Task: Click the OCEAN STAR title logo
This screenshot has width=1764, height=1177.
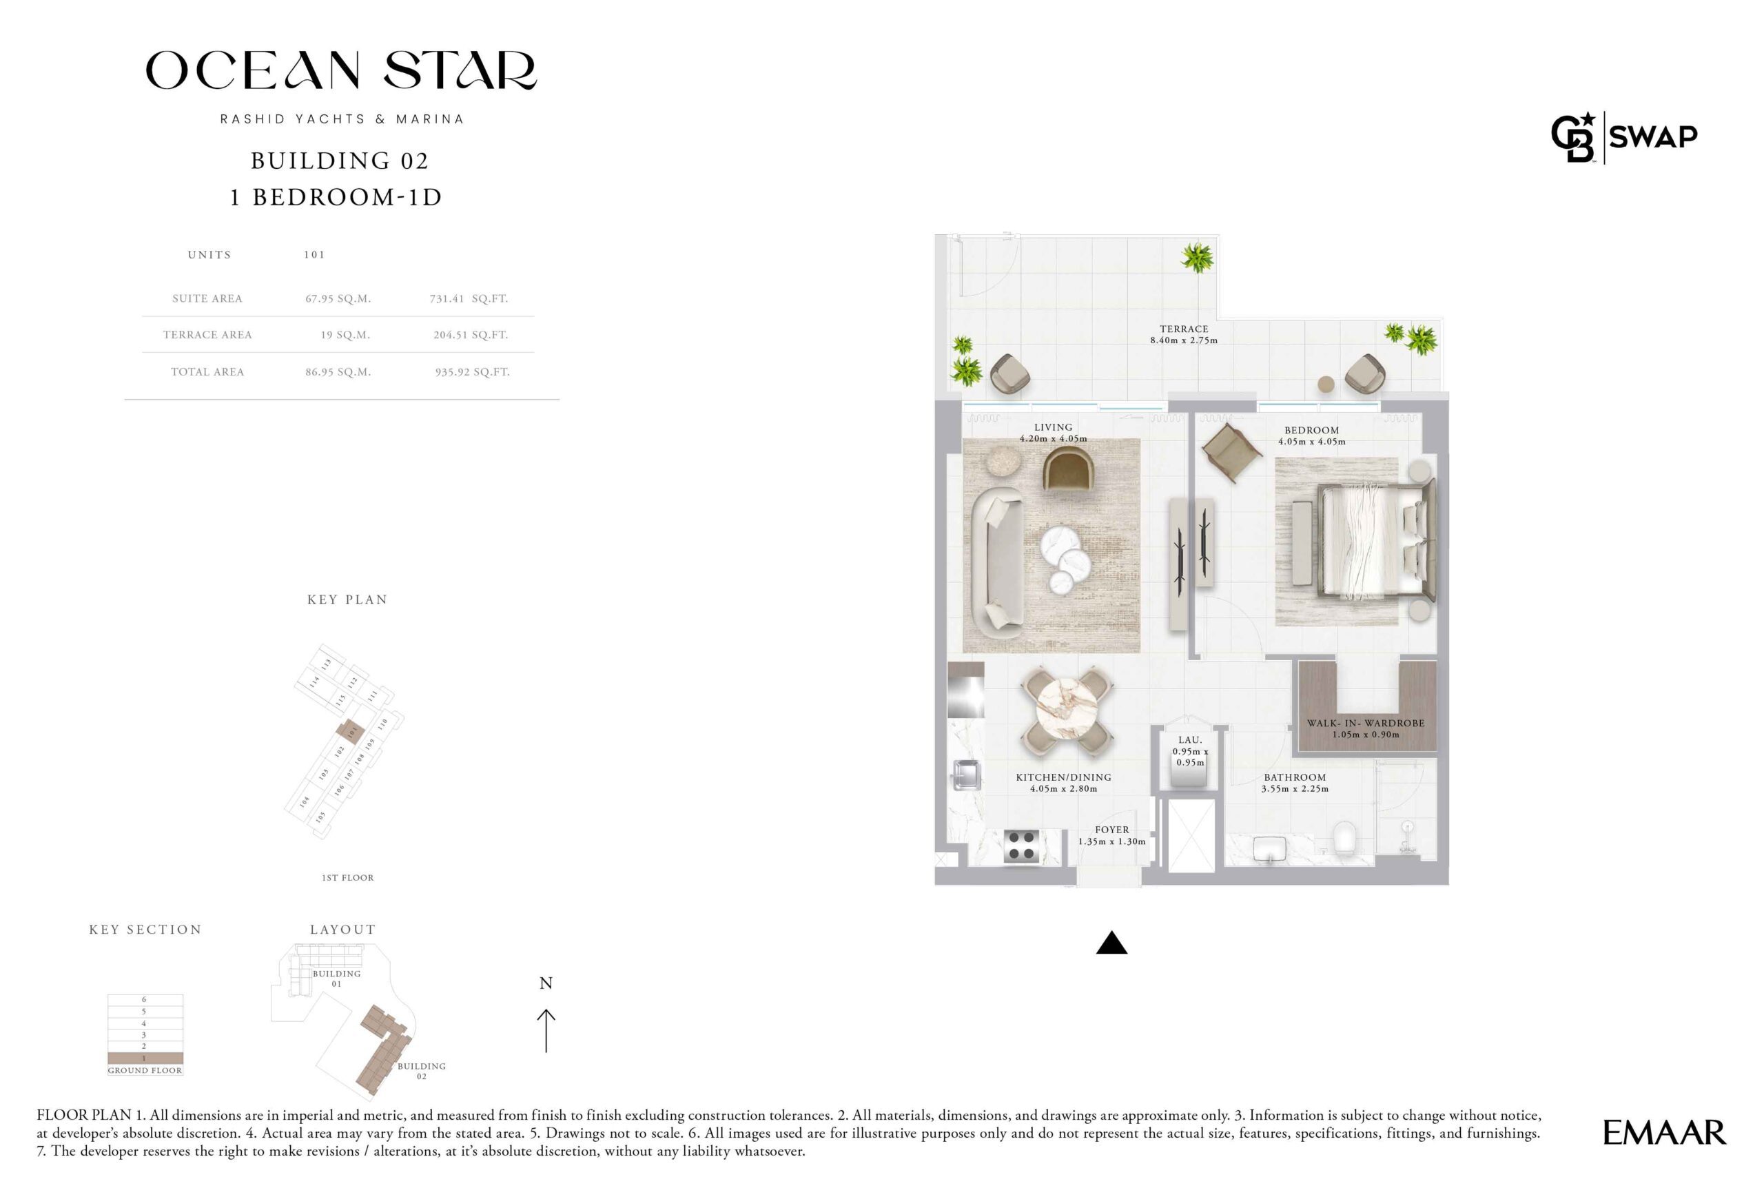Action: (341, 70)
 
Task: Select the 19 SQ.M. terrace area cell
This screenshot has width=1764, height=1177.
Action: (345, 335)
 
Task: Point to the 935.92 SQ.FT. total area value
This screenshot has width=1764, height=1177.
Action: (472, 371)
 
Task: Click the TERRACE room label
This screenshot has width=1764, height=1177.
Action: (1184, 329)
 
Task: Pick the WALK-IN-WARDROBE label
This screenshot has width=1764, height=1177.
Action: (1366, 723)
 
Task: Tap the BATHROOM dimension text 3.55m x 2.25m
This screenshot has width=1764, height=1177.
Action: (1295, 789)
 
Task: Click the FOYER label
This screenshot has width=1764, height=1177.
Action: (1111, 830)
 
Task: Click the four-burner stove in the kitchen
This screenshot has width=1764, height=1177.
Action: (1022, 846)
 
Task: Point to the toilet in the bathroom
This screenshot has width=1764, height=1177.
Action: (1344, 838)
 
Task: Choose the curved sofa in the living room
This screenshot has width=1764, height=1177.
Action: (996, 560)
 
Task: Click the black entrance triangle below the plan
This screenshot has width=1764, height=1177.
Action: (1111, 942)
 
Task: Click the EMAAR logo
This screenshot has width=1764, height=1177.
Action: (1664, 1133)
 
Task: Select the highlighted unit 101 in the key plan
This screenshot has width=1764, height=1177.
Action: (350, 730)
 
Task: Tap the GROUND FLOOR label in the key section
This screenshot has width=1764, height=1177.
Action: (145, 1070)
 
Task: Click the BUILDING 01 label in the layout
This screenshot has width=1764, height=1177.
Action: (336, 978)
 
